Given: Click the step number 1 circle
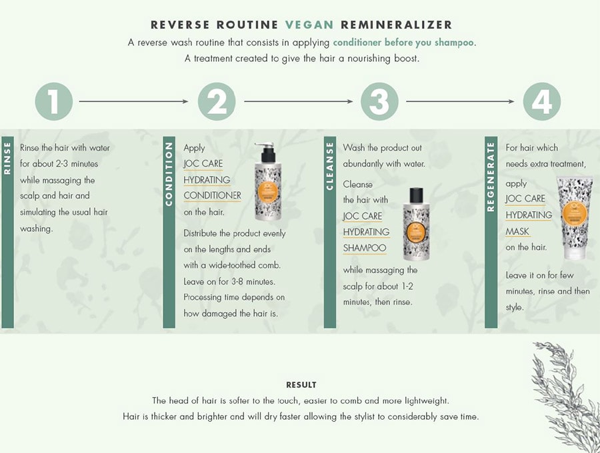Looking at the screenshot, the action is [54, 101].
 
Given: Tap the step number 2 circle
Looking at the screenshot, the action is [217, 101].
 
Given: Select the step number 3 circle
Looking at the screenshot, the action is [379, 101].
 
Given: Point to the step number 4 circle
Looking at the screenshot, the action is [542, 101].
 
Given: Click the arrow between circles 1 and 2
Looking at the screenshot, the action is [134, 101].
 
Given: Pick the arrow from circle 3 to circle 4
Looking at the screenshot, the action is [460, 101].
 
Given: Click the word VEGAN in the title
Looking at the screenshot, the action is [309, 25].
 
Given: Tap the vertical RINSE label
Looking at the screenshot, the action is [7, 159].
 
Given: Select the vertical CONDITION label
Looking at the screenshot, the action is [169, 174].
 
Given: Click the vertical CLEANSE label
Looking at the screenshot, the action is [330, 167].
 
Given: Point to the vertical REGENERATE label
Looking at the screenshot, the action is [491, 177].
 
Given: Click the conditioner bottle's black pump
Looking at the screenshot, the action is [267, 153].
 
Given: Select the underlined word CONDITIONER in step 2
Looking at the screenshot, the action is [213, 196].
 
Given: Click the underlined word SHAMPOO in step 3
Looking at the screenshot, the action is [365, 248].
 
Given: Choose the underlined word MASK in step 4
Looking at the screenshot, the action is [517, 232].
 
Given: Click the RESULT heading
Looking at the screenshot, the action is [301, 385].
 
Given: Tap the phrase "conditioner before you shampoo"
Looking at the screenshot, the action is [403, 43].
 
